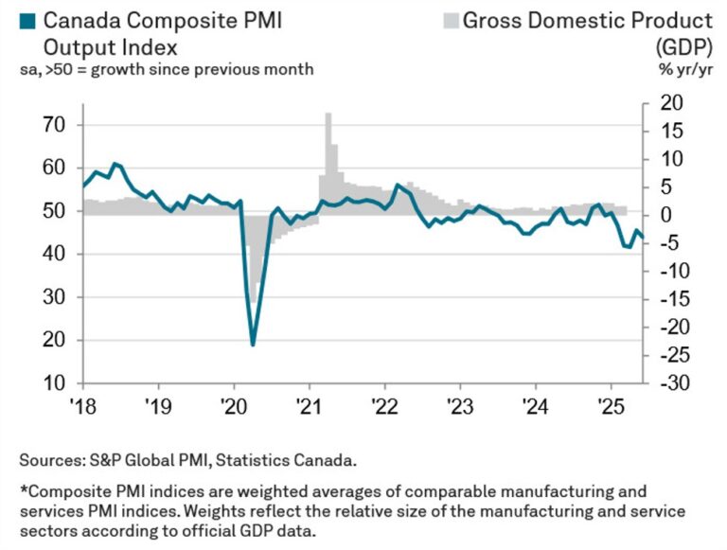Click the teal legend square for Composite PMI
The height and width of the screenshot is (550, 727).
pyautogui.click(x=27, y=19)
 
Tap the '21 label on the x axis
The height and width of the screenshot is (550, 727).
pyautogui.click(x=309, y=400)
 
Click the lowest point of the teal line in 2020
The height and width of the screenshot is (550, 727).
pyautogui.click(x=253, y=344)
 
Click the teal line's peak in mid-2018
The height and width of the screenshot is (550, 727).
pyautogui.click(x=115, y=164)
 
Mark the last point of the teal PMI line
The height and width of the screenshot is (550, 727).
pyautogui.click(x=644, y=238)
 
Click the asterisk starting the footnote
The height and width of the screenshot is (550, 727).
pyautogui.click(x=22, y=491)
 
